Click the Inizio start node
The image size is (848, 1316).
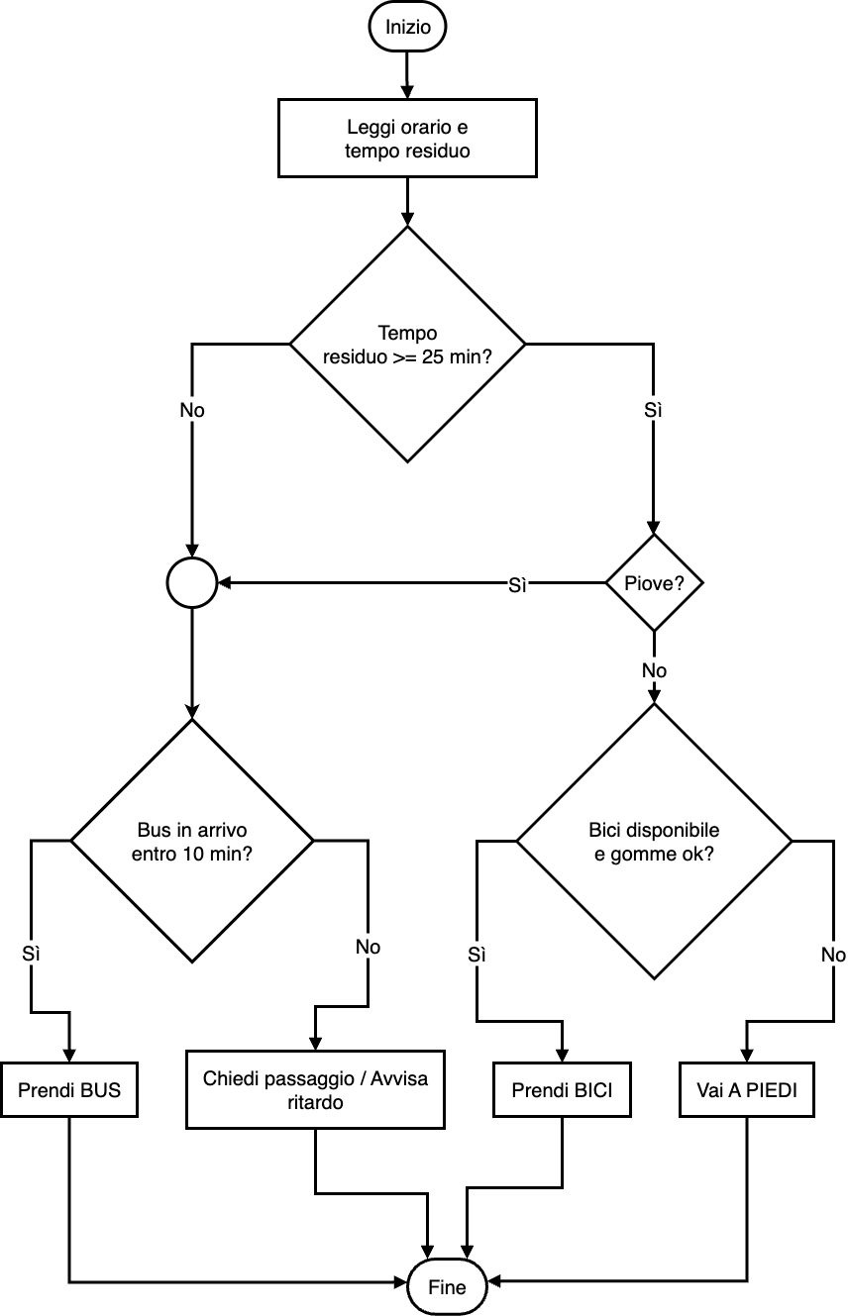(408, 28)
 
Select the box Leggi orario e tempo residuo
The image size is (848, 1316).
(407, 139)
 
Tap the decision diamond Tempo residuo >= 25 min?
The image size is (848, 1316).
(407, 345)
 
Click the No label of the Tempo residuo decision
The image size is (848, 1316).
(192, 409)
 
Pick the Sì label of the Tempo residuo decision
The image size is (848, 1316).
(654, 409)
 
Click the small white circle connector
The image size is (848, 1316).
(192, 583)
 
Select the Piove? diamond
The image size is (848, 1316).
(654, 583)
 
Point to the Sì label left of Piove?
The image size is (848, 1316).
(517, 585)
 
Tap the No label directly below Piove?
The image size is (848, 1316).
(654, 670)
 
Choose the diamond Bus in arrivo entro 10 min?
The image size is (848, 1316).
(192, 841)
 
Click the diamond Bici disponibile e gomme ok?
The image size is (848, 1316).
(654, 841)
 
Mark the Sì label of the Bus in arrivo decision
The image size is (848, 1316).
(32, 954)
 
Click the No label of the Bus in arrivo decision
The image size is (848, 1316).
(369, 947)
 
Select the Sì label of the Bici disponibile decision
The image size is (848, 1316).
(477, 955)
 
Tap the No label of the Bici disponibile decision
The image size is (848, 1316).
(833, 955)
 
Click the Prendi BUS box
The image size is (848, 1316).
(69, 1090)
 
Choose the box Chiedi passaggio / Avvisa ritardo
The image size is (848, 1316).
(315, 1090)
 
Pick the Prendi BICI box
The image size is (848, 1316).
(562, 1090)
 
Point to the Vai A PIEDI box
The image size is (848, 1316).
(747, 1090)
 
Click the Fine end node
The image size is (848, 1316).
(447, 1287)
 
